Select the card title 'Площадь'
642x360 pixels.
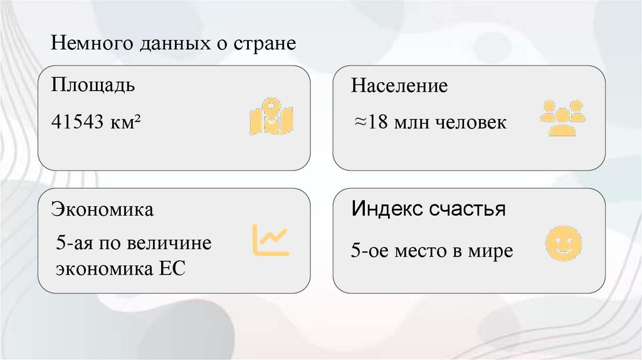[x=93, y=85]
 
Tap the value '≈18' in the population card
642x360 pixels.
[x=371, y=122]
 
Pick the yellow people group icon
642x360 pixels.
[x=562, y=117]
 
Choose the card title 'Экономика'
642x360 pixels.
[x=102, y=209]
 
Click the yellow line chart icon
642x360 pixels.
[x=271, y=240]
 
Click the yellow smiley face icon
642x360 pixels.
[x=564, y=244]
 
